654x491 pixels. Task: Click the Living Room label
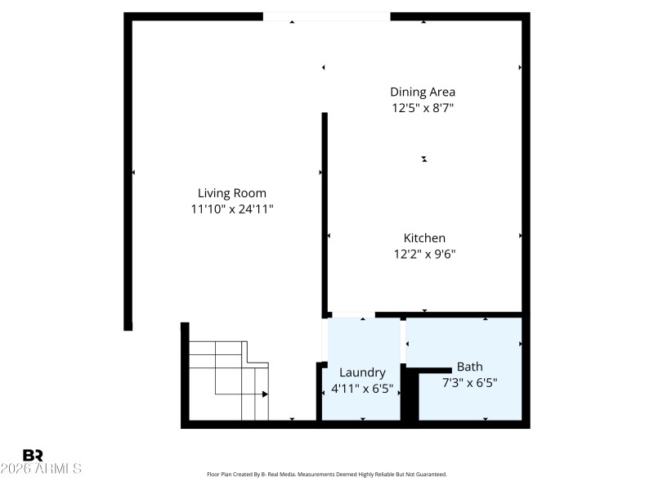point(232,193)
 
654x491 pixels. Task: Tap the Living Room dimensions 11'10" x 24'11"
point(232,209)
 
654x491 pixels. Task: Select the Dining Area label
point(423,92)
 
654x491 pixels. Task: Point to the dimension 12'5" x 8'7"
point(423,107)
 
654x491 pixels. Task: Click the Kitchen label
point(424,237)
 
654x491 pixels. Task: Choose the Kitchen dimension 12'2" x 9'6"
point(424,254)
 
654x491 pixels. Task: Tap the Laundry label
point(362,372)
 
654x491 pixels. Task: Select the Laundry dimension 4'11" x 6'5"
point(362,388)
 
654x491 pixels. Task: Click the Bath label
point(469,367)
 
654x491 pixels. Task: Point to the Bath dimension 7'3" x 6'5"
point(469,382)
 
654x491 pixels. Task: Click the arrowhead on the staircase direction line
point(266,394)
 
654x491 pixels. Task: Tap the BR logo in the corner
point(34,454)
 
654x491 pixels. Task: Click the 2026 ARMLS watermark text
point(41,469)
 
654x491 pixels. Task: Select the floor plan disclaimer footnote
point(327,474)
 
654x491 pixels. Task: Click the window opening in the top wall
point(326,16)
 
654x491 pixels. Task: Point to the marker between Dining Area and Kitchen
point(424,159)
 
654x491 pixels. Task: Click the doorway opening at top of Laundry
point(352,314)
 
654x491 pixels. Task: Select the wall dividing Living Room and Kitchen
point(325,213)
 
